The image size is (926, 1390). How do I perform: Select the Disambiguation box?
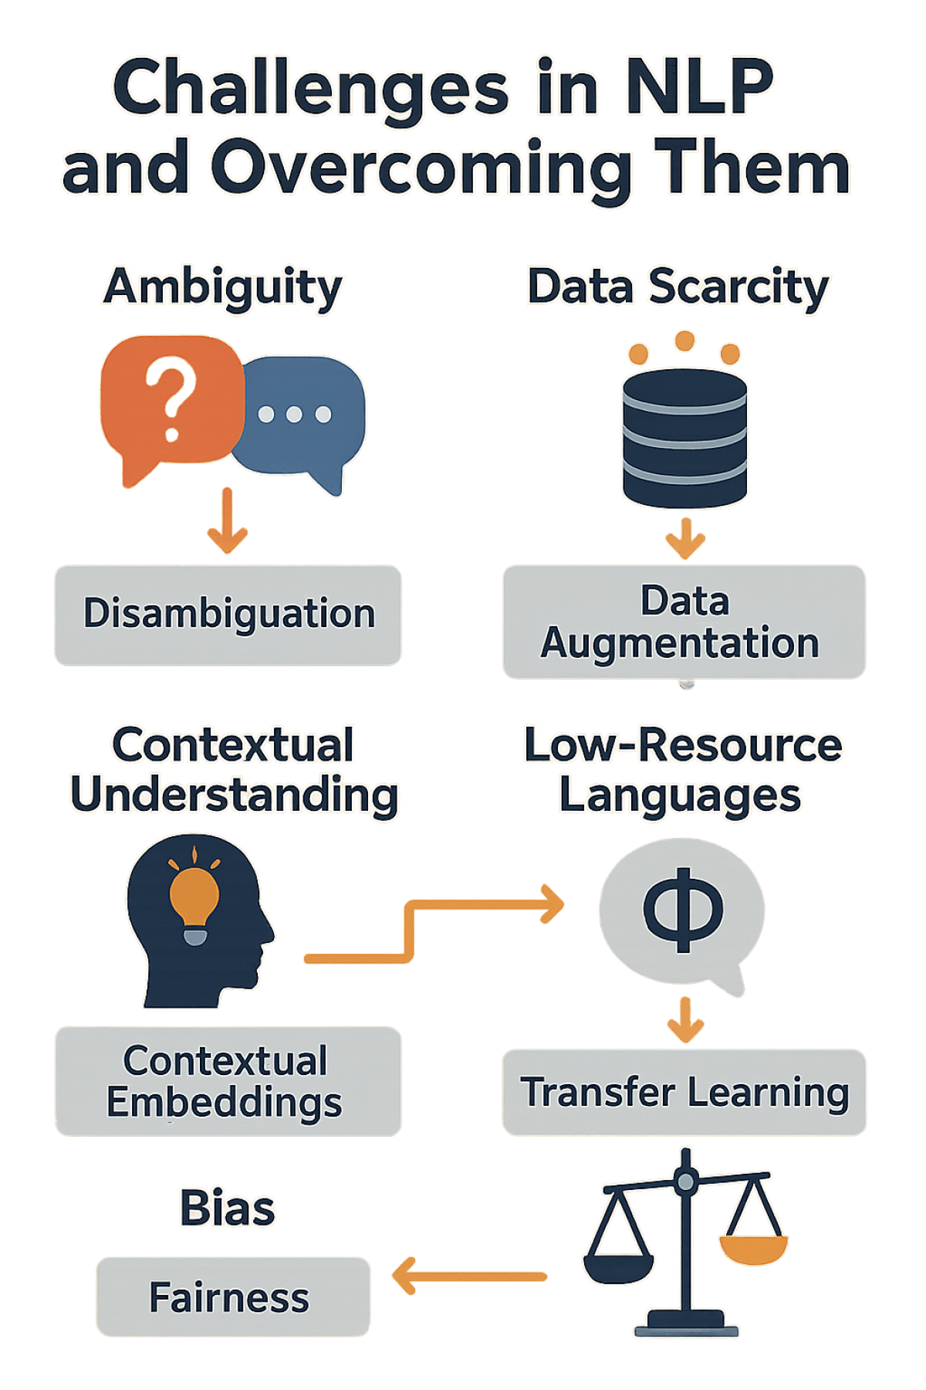(x=228, y=615)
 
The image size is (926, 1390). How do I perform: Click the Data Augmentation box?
(x=684, y=622)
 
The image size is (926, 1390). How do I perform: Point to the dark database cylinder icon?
(x=684, y=436)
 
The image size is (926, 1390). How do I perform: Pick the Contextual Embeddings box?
(x=227, y=1081)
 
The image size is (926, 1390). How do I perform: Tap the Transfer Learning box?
(x=684, y=1092)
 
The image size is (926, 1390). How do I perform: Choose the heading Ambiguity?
(x=224, y=287)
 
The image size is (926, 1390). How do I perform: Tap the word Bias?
(x=227, y=1208)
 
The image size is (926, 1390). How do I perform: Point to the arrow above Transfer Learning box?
(x=685, y=1019)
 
